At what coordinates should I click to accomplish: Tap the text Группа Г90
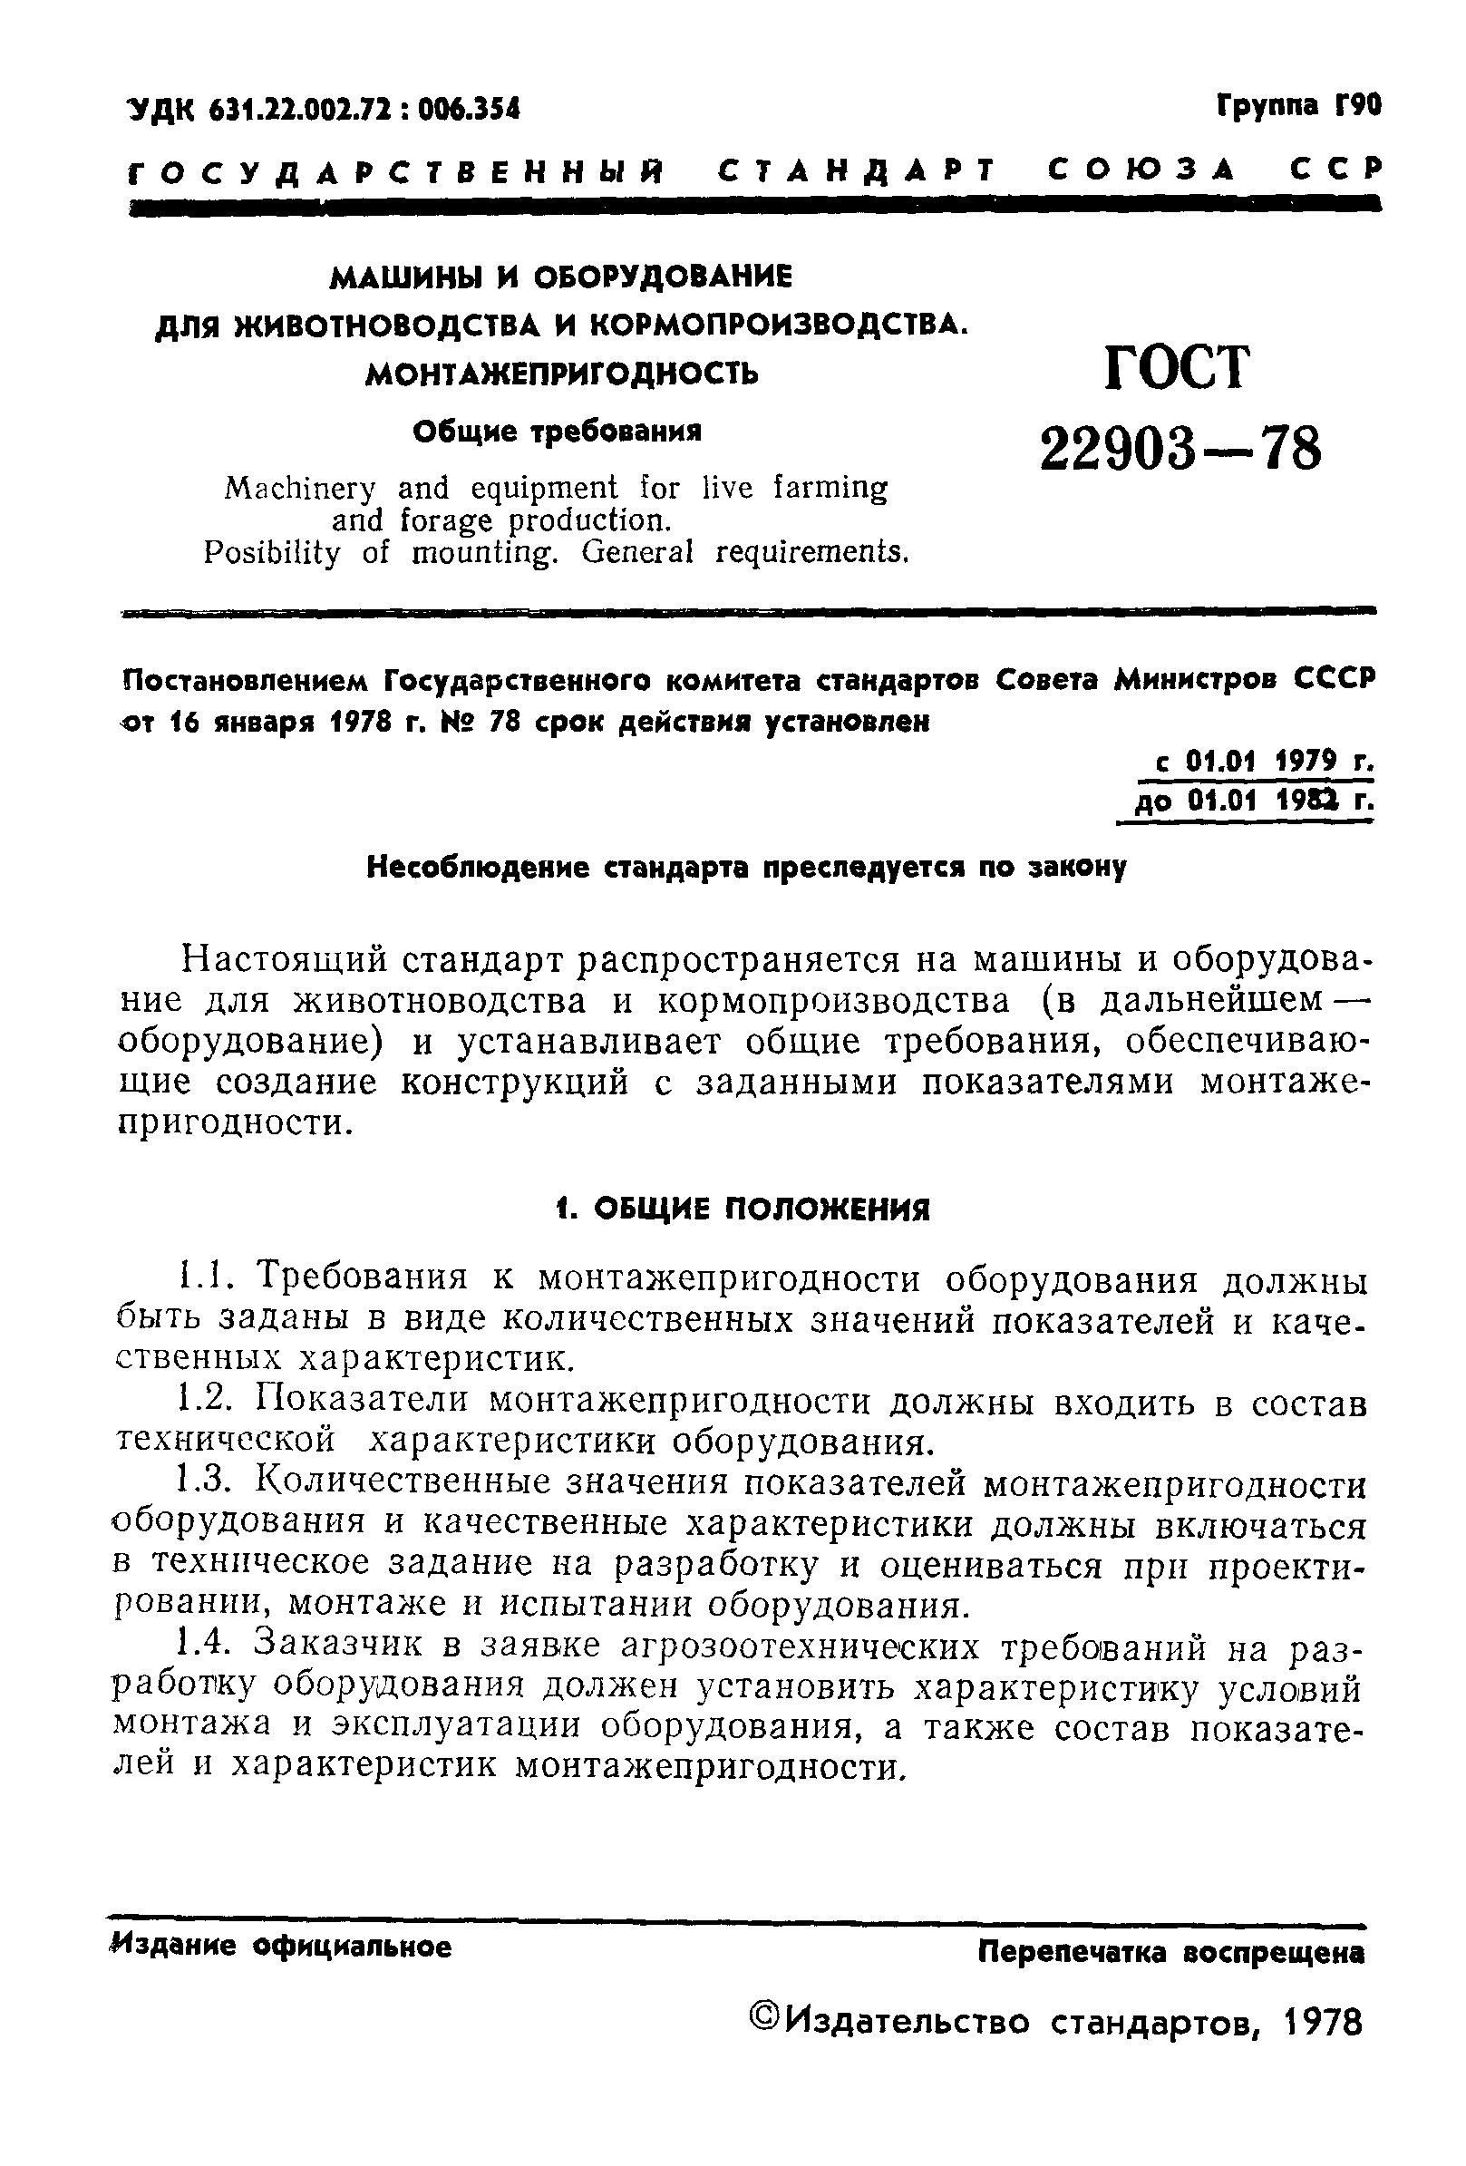point(1297,106)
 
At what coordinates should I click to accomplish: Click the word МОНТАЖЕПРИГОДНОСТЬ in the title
point(561,374)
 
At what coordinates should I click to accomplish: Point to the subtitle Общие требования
point(557,432)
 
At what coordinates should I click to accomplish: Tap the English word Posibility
point(271,554)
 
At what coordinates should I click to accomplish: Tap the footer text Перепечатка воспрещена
point(1170,1953)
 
